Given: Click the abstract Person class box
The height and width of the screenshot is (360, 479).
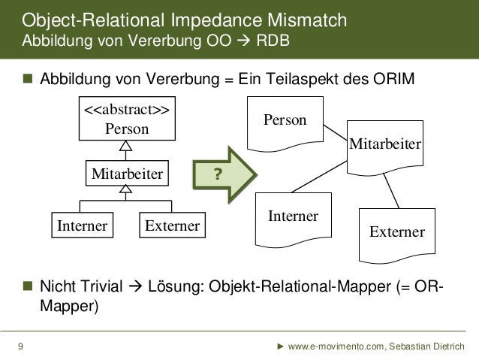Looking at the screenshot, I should (x=125, y=119).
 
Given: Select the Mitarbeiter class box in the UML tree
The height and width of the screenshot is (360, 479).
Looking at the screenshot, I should (x=126, y=174).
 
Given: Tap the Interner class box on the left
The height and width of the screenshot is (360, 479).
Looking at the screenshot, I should (x=80, y=225).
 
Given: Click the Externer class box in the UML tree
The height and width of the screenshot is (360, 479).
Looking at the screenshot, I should (x=172, y=225).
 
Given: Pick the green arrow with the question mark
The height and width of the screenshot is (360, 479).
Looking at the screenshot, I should (x=224, y=175).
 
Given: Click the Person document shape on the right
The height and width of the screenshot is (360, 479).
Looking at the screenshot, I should (x=285, y=123).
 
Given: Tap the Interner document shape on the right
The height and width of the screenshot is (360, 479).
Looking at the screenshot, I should (x=293, y=219).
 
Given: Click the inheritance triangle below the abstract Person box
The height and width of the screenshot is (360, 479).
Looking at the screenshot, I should (x=126, y=147).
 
